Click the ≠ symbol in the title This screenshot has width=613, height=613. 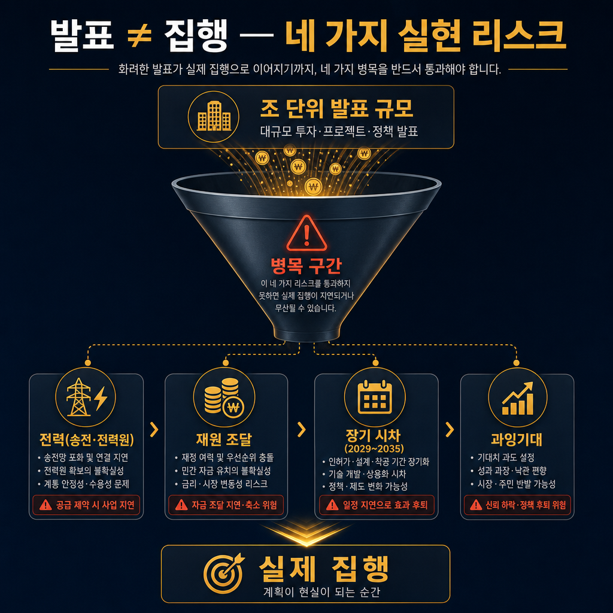139,36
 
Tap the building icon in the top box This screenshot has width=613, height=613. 214,117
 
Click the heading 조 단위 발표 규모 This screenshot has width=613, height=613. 337,108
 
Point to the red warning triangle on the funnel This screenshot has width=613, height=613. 306,233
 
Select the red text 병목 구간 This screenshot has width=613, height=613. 306,265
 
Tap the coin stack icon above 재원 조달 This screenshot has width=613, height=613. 224,397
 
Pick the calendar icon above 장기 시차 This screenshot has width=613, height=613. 375,397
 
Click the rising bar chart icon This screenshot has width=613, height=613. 517,398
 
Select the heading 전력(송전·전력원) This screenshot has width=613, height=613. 86,439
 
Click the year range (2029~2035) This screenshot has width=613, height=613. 374,448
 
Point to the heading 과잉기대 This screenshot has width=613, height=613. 517,439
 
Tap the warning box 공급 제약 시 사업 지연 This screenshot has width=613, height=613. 86,505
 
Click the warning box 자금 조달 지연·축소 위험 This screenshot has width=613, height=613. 226,505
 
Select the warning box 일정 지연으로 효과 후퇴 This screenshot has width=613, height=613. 377,505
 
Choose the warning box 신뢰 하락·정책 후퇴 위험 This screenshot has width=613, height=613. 517,505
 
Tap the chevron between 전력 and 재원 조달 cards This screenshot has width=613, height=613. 154,430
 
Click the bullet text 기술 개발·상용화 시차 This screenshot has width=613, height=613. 367,474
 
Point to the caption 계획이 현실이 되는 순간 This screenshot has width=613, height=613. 321,592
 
